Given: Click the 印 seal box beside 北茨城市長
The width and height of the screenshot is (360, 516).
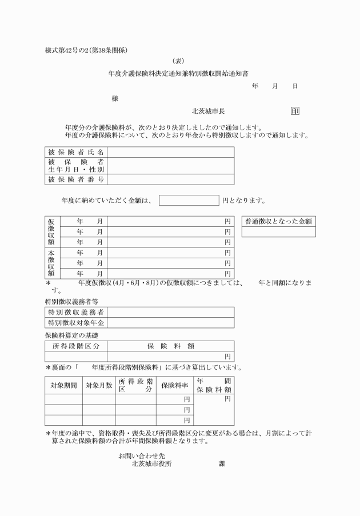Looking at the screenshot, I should pyautogui.click(x=295, y=111).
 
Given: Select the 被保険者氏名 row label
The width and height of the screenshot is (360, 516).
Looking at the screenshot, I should pyautogui.click(x=76, y=152).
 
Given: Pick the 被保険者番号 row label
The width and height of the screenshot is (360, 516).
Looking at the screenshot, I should pyautogui.click(x=76, y=179).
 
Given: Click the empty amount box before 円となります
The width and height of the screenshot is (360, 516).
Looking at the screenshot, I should pyautogui.click(x=189, y=201).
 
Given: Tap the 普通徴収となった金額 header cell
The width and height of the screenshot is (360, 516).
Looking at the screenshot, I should pyautogui.click(x=278, y=221).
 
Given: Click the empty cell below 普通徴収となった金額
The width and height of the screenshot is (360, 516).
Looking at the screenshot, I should pyautogui.click(x=278, y=232).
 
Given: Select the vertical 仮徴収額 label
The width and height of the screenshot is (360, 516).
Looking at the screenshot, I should pyautogui.click(x=50, y=231).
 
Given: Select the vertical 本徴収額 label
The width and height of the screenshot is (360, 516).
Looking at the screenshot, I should pyautogui.click(x=50, y=262).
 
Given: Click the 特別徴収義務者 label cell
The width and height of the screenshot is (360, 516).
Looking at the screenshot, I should pyautogui.click(x=76, y=312).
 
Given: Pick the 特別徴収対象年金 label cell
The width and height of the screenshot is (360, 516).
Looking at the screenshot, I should pyautogui.click(x=76, y=323).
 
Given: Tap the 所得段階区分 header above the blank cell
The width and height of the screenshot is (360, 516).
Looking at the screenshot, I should pyautogui.click(x=76, y=346).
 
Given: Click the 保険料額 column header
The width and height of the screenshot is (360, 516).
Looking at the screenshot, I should pyautogui.click(x=170, y=346).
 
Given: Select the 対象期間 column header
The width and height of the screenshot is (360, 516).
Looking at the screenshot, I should pyautogui.click(x=63, y=385).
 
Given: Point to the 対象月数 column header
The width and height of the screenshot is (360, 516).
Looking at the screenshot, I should pyautogui.click(x=99, y=385).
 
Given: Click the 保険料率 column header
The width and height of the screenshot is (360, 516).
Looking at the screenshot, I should pyautogui.click(x=175, y=385).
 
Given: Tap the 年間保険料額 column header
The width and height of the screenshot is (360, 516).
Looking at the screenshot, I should pyautogui.click(x=214, y=385).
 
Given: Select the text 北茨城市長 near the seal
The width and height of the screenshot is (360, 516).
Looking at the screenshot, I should pyautogui.click(x=212, y=111).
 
